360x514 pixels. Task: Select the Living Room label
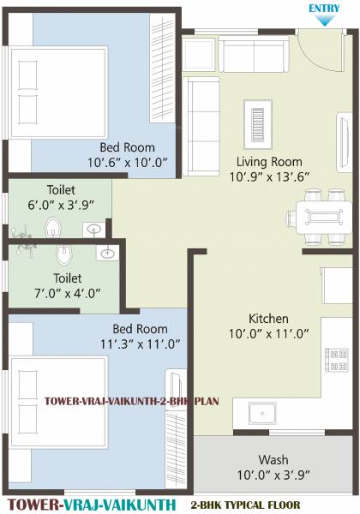coord(270,162)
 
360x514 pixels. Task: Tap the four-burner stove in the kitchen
coord(338,353)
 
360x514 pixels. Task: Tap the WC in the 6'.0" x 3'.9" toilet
coord(54,228)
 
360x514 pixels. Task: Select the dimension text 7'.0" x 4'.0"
coord(66,293)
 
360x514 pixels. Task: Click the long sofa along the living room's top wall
coord(256,54)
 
